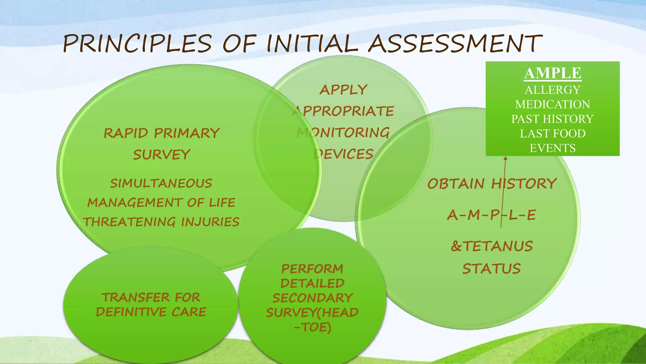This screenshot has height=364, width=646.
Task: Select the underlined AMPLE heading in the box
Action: point(553,73)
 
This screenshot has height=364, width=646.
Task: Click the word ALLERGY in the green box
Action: point(553,90)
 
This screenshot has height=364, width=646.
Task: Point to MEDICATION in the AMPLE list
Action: point(553,105)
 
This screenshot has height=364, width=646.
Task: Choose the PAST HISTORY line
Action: point(553,119)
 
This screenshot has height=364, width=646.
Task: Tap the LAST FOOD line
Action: point(553,134)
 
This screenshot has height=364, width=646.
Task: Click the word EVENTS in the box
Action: point(553,148)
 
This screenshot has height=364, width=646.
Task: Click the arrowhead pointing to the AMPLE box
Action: point(505,158)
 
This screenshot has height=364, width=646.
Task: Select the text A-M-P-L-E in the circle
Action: point(491,215)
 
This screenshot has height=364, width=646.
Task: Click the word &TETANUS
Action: point(492,246)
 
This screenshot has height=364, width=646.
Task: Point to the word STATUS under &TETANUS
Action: point(491,269)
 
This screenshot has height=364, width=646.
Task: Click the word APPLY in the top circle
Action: point(343,90)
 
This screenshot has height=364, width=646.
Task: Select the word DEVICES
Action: point(343,154)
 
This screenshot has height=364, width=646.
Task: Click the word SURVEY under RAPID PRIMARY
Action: point(161,155)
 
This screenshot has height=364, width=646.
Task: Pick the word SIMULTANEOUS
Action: point(161,184)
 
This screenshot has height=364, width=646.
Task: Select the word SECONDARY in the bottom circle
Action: point(312,298)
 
